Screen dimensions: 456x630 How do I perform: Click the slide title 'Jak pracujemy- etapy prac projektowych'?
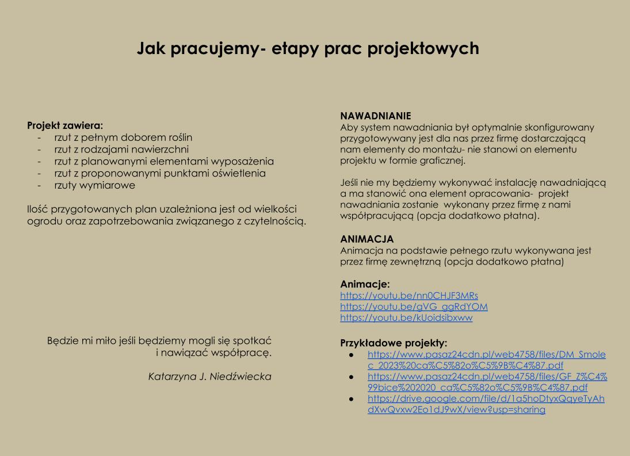pyautogui.click(x=308, y=48)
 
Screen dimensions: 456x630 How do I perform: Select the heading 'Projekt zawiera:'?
pyautogui.click(x=65, y=125)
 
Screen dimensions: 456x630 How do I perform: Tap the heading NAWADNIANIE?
pyautogui.click(x=375, y=116)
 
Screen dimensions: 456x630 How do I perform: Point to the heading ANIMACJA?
pyautogui.click(x=367, y=239)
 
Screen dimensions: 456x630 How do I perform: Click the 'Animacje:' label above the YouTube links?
pyautogui.click(x=365, y=284)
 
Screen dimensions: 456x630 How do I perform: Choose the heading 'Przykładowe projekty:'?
pyautogui.click(x=394, y=343)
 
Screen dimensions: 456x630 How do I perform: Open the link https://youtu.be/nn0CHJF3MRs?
pyautogui.click(x=409, y=296)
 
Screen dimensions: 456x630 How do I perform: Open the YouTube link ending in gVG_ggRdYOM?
pyautogui.click(x=414, y=306)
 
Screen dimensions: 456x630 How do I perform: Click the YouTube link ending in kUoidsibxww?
pyautogui.click(x=406, y=317)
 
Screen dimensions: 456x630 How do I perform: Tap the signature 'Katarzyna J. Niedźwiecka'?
pyautogui.click(x=209, y=377)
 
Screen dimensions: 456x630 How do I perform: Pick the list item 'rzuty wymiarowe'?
pyautogui.click(x=94, y=185)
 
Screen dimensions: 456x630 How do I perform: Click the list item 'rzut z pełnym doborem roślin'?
pyautogui.click(x=123, y=137)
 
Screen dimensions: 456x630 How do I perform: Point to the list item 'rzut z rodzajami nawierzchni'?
pyautogui.click(x=121, y=150)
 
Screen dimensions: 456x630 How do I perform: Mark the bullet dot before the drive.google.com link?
pyautogui.click(x=351, y=398)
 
